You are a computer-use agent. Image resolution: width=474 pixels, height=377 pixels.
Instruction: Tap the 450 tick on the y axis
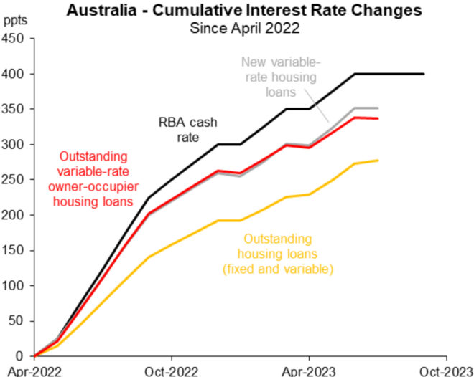[14, 39]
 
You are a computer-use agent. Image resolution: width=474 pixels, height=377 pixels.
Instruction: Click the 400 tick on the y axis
[14, 74]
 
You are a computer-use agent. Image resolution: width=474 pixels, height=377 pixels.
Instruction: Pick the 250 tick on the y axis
[14, 180]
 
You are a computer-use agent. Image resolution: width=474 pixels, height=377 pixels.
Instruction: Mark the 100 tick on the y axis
[14, 286]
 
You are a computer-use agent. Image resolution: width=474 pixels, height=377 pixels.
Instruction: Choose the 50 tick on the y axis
[17, 321]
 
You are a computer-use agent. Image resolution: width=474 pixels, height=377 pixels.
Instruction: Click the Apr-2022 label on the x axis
[31, 370]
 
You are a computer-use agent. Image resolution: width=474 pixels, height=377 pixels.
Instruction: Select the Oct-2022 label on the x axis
[171, 370]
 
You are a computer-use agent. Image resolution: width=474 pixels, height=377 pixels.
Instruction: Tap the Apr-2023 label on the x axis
[309, 370]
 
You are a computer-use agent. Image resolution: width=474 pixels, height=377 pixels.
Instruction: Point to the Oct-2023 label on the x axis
[446, 370]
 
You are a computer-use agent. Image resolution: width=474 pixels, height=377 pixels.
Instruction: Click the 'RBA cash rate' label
[189, 128]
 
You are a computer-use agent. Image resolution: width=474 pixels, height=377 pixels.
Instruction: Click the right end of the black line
[424, 74]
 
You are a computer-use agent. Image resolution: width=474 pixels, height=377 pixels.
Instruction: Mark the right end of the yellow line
[378, 161]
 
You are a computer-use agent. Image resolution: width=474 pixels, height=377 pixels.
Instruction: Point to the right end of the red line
[378, 118]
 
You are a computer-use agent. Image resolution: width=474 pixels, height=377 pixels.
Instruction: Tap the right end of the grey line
[378, 108]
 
